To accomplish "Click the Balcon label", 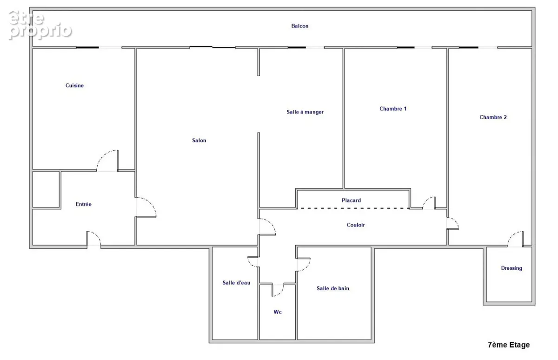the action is point(300,26).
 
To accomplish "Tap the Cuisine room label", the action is point(74,86).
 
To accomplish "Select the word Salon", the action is point(199,140).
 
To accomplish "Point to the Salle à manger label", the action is point(305,112).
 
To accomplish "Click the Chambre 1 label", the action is point(393,109).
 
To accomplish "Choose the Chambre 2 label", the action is point(493,117).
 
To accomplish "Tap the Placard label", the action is point(351,200).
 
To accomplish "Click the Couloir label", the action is point(356,225).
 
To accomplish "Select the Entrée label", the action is point(83,204).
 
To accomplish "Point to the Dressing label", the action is point(511,268).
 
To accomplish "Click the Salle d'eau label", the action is point(236,282).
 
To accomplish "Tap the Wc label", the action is point(278,312).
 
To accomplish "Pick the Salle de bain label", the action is point(333,288).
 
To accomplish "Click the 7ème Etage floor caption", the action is point(509,345).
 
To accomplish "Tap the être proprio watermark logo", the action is point(40,25).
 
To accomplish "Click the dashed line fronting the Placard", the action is point(353,208).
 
